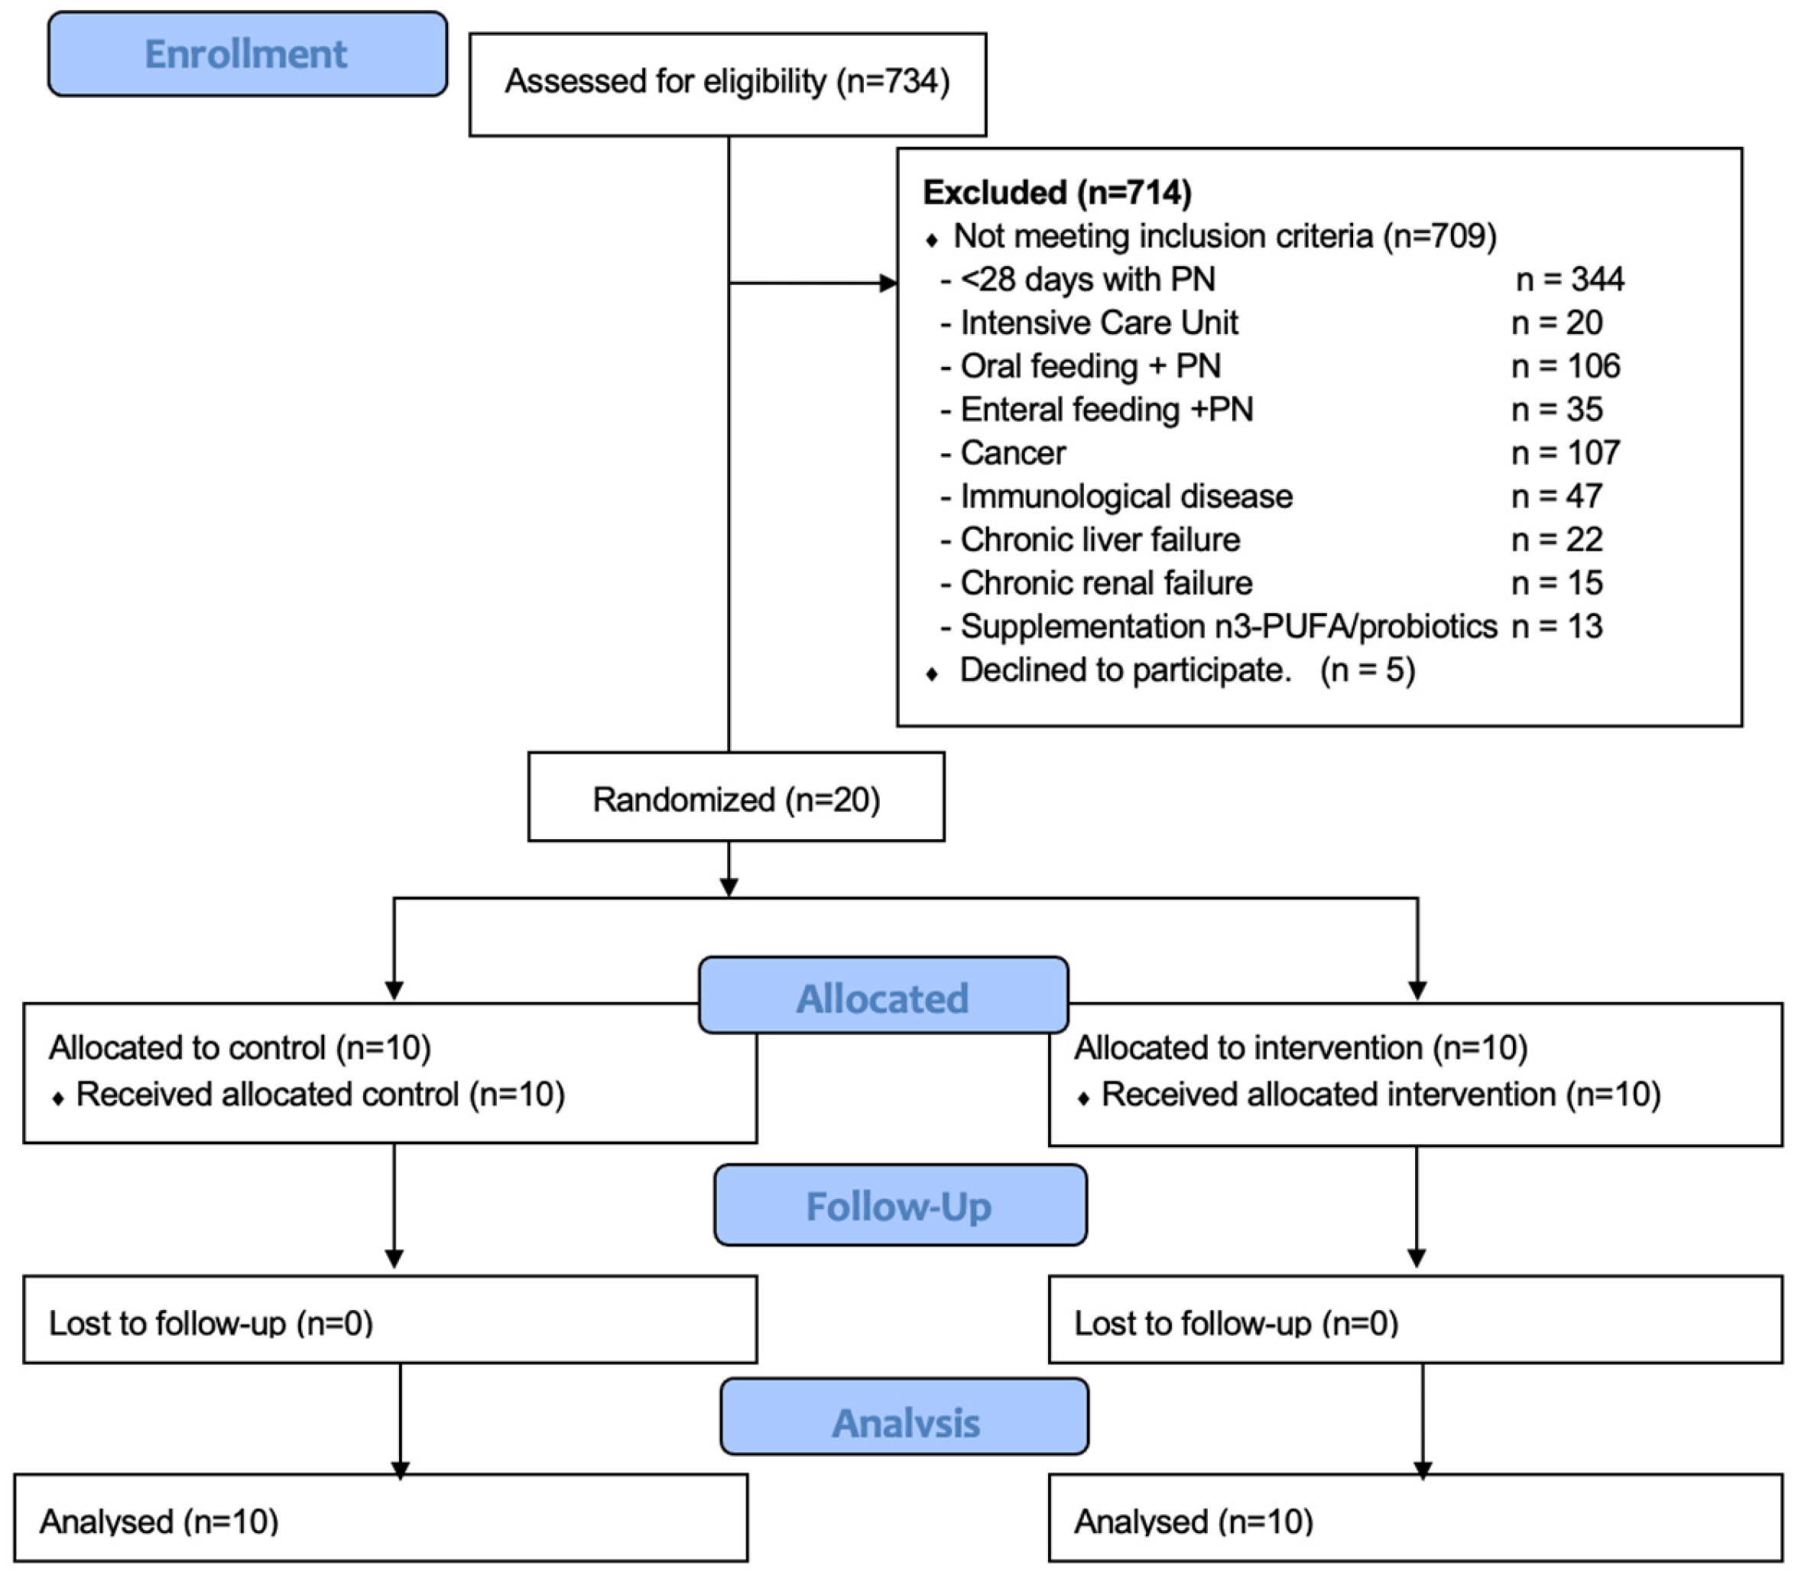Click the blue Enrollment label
(246, 54)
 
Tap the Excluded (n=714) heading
(1056, 193)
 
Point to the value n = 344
(1569, 280)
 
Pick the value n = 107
(1565, 453)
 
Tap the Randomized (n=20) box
(735, 799)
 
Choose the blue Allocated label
(882, 997)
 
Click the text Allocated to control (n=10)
(239, 1048)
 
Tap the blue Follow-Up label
(899, 1206)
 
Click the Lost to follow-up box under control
(389, 1321)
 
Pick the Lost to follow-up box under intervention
(1414, 1321)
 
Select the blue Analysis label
(904, 1422)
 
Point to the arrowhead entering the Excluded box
(888, 284)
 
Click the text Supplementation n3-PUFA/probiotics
(1227, 626)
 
